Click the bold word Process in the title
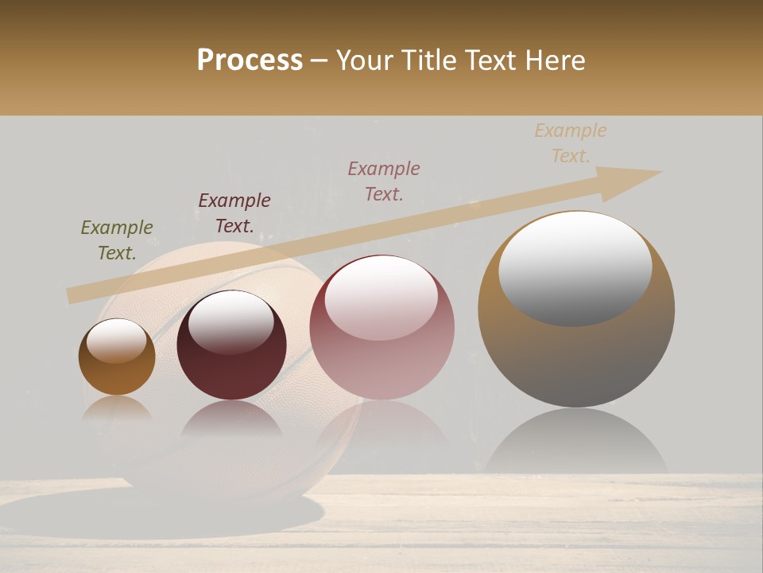point(250,60)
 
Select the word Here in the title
point(555,60)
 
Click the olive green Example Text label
point(117,240)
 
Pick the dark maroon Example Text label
point(234,212)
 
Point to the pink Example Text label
point(384,181)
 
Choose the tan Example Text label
point(571,143)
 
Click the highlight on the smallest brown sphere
point(116,341)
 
